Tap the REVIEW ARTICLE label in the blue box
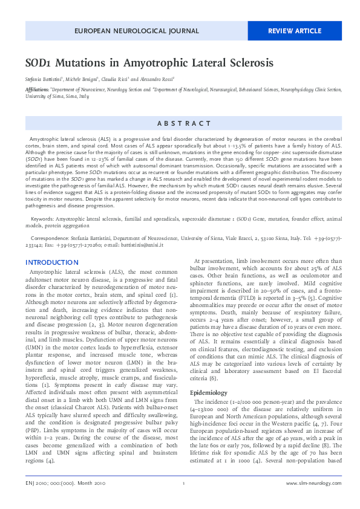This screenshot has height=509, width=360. coord(295,30)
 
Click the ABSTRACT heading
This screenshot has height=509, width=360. coord(184,123)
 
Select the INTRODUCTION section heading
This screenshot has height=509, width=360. coord(51,262)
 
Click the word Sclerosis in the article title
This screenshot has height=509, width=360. coord(244,63)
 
